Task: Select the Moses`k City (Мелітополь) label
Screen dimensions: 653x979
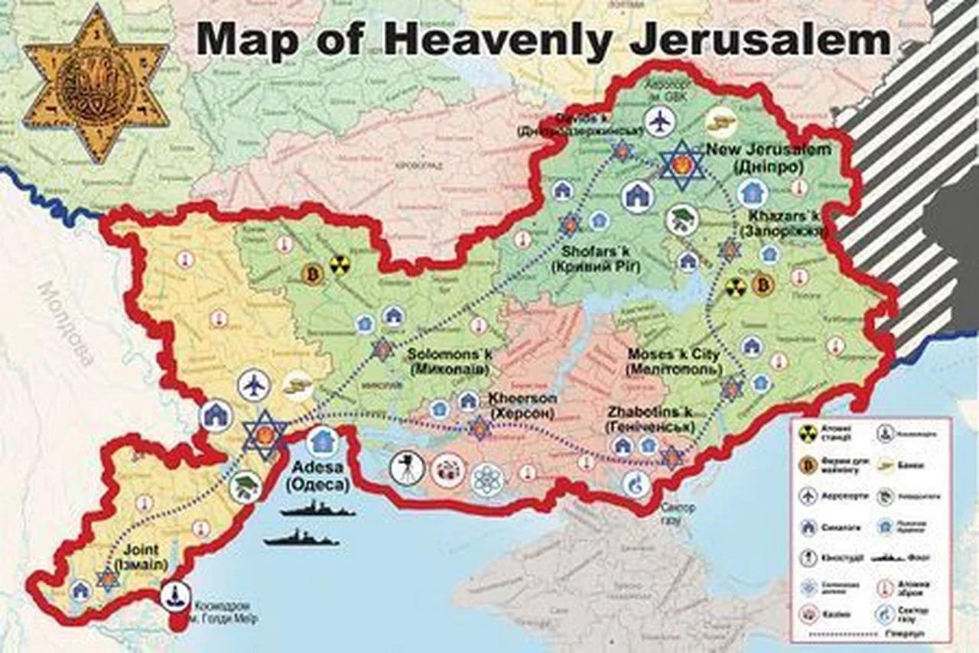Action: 673,362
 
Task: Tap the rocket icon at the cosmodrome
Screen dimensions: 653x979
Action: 177,596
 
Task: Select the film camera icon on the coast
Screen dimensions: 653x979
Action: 406,468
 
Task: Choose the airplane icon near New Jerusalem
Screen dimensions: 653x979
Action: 661,122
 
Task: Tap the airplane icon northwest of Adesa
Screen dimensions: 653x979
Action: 254,385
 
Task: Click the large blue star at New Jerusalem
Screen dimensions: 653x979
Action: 683,164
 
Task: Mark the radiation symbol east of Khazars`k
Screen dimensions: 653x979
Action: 735,287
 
